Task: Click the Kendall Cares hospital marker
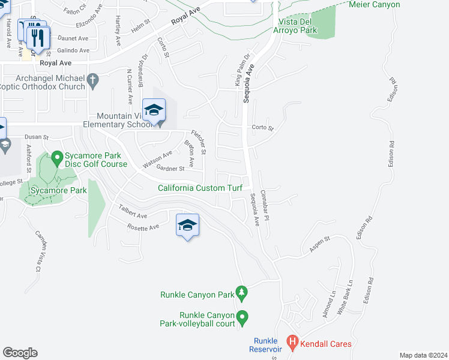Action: pyautogui.click(x=292, y=343)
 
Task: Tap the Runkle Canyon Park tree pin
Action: pyautogui.click(x=242, y=293)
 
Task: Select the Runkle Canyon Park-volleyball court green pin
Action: pyautogui.click(x=243, y=317)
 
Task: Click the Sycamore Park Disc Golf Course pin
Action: pyautogui.click(x=58, y=158)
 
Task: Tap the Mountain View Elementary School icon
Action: pyautogui.click(x=154, y=111)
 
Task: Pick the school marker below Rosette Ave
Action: pyautogui.click(x=187, y=226)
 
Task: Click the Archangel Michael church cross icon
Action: pyautogui.click(x=92, y=79)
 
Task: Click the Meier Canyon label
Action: pyautogui.click(x=375, y=4)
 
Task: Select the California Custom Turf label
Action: pyautogui.click(x=200, y=188)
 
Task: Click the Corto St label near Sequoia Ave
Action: pyautogui.click(x=262, y=128)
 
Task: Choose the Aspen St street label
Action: pyautogui.click(x=319, y=243)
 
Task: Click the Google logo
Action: pyautogui.click(x=20, y=352)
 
